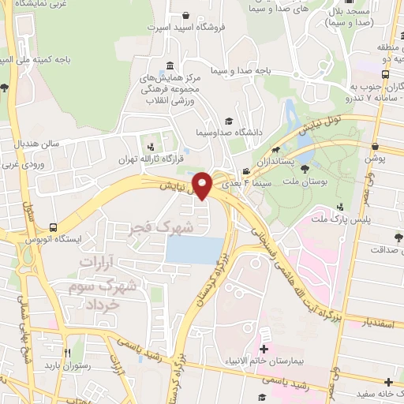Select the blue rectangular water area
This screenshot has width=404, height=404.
coord(194,251)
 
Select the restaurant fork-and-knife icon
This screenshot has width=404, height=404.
coord(67,352)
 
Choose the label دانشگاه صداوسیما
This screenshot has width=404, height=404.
coord(196,122)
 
